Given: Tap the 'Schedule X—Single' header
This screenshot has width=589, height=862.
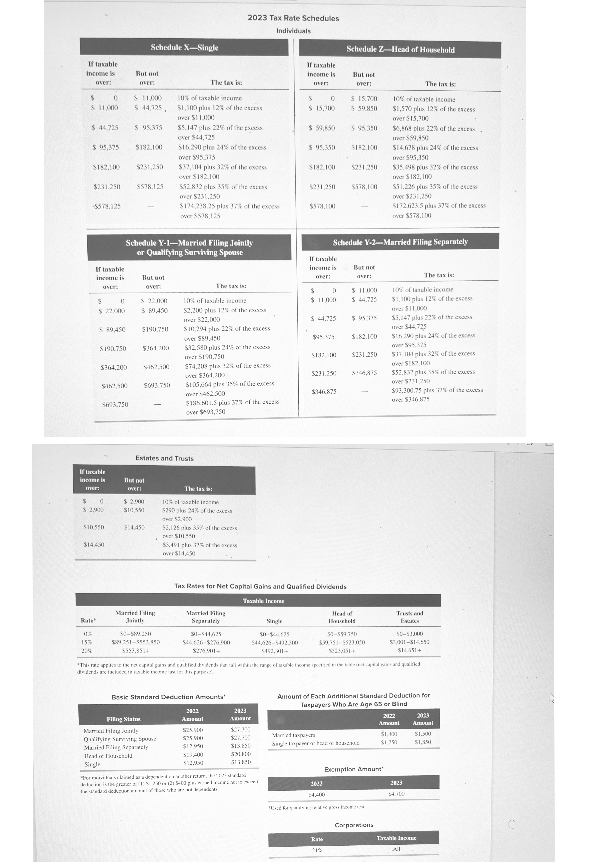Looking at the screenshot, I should (x=184, y=48).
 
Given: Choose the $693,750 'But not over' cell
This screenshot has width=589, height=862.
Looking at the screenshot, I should (x=157, y=385).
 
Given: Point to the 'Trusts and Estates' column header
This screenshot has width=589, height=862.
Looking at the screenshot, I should (x=410, y=617).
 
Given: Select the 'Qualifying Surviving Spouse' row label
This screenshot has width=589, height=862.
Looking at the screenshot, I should (x=120, y=739).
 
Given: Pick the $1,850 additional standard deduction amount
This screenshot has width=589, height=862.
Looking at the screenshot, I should (x=423, y=742).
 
